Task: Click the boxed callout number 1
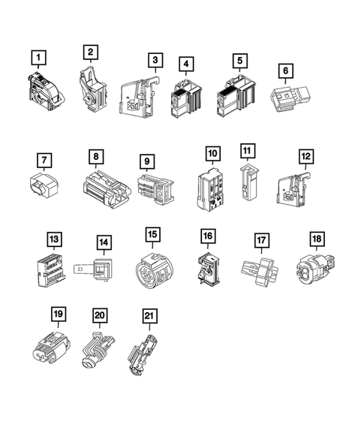38,58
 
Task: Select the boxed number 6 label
286,71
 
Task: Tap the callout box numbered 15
153,234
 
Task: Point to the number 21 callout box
149,316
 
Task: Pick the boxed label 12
306,156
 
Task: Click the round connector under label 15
154,271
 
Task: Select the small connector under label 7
44,185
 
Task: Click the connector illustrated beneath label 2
92,89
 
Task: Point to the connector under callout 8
107,189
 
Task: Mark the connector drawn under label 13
51,271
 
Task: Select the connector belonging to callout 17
260,272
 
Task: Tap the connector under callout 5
236,96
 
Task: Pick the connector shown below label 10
211,189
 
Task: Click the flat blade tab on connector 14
83,269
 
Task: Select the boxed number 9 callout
147,161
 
